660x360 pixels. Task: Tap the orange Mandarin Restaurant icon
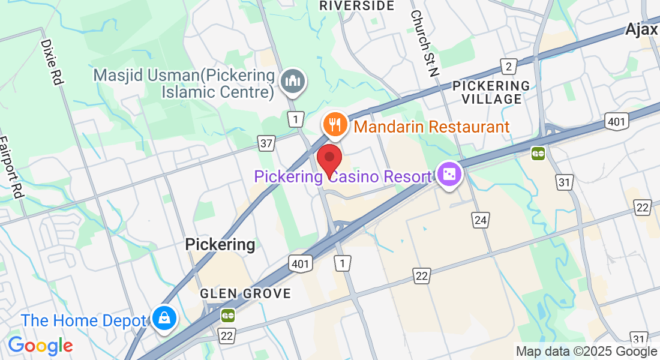coord(334,125)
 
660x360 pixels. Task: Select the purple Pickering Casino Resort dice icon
coord(449,175)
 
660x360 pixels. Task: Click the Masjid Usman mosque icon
coord(293,81)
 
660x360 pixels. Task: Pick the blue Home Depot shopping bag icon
coord(163,317)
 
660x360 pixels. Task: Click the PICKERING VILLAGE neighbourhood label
coord(491,92)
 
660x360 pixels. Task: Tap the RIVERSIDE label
coord(356,6)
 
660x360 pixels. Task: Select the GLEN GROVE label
coord(245,293)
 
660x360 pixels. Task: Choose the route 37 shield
coord(266,143)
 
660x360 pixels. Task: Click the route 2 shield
coord(509,67)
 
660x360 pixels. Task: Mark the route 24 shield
coord(480,220)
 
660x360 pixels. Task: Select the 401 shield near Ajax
coord(616,122)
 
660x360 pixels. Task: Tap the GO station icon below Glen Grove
coord(227,314)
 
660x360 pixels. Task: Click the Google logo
coord(40,346)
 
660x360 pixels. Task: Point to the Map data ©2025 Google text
coord(586,352)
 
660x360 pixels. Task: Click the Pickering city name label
coord(220,244)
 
